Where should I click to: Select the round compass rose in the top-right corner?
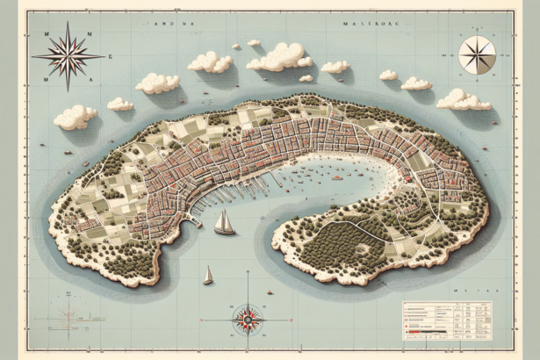[477, 54]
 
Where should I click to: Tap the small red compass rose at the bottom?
[248, 317]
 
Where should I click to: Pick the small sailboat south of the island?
[208, 276]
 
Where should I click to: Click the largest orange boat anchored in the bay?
[337, 177]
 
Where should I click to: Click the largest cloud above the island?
[279, 57]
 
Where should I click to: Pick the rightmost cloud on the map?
[463, 99]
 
